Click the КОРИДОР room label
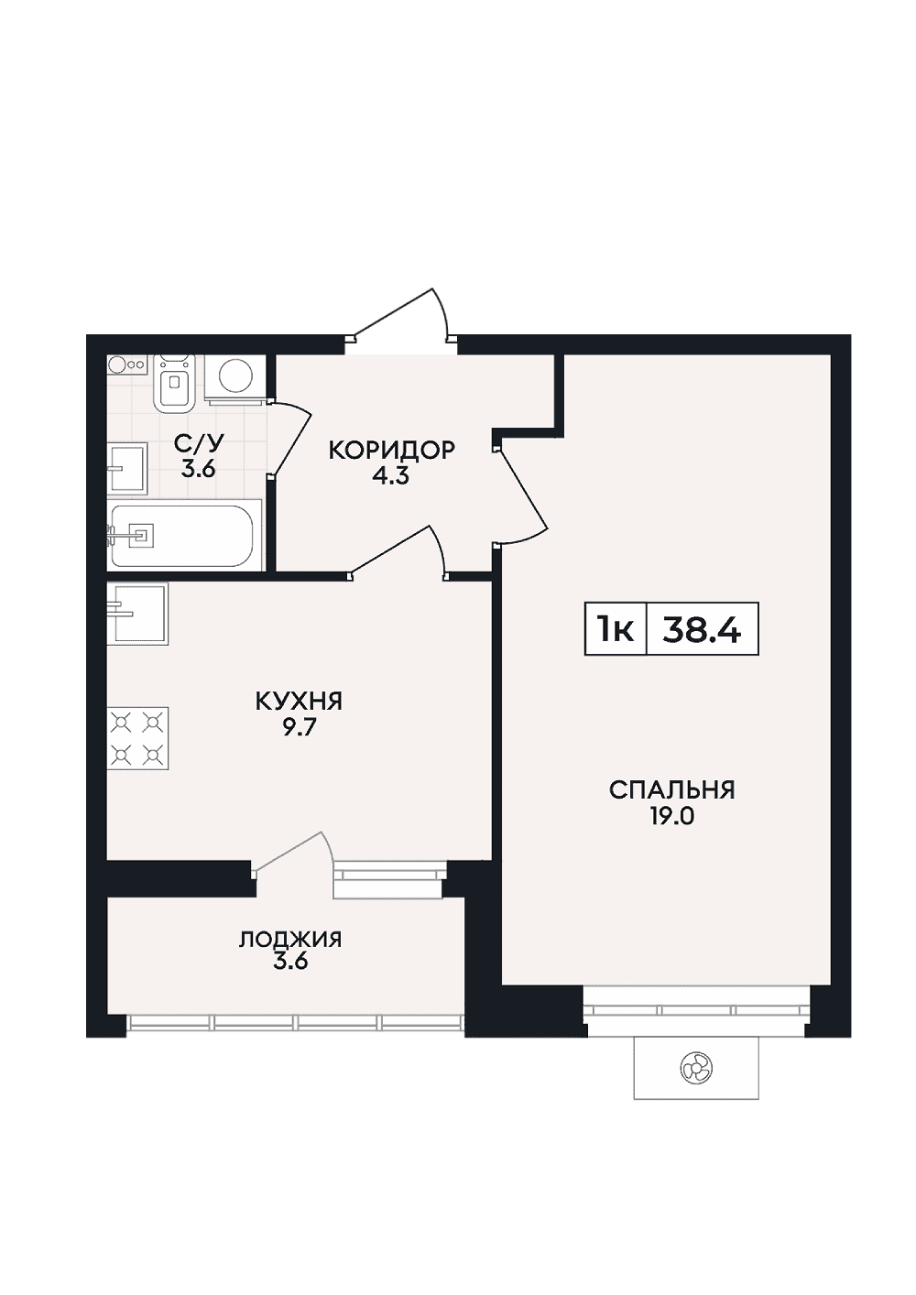click(x=391, y=450)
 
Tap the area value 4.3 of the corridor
click(x=391, y=477)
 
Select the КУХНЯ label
click(x=299, y=702)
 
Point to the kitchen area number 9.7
click(x=299, y=728)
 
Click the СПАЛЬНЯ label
click(x=672, y=790)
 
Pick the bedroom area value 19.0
click(x=672, y=817)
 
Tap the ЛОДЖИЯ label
click(x=290, y=940)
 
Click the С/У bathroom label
click(x=199, y=444)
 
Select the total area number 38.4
click(x=701, y=629)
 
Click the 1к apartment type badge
click(x=616, y=629)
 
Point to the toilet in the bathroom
click(x=173, y=384)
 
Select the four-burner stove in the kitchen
click(x=137, y=738)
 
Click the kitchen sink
click(x=137, y=613)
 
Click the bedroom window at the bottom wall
click(x=697, y=1010)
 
